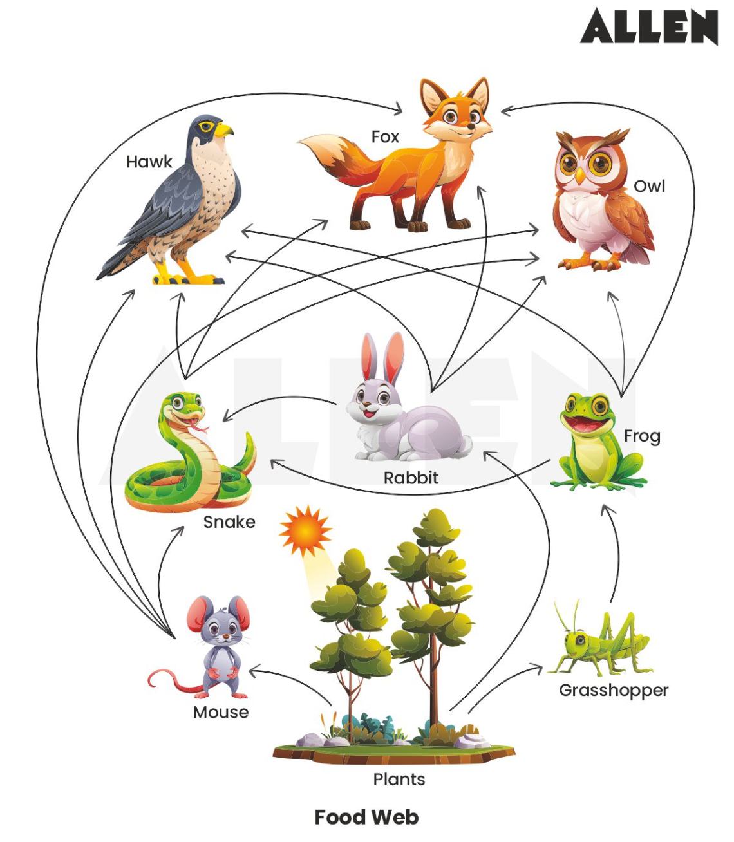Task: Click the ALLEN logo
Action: pyautogui.click(x=648, y=27)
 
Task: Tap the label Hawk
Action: pyautogui.click(x=149, y=162)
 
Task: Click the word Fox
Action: pyautogui.click(x=385, y=136)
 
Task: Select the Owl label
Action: pyautogui.click(x=648, y=186)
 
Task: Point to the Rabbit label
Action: pyautogui.click(x=411, y=478)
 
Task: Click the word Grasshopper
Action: pyautogui.click(x=613, y=690)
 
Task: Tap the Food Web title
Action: pyautogui.click(x=366, y=817)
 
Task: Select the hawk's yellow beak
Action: pyautogui.click(x=224, y=130)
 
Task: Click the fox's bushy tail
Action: pyautogui.click(x=328, y=154)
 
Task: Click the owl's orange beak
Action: pyautogui.click(x=581, y=175)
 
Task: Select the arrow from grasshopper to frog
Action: pyautogui.click(x=617, y=554)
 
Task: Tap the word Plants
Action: pyautogui.click(x=399, y=780)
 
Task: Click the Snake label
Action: pyautogui.click(x=229, y=521)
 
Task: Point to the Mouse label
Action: pyautogui.click(x=220, y=712)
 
